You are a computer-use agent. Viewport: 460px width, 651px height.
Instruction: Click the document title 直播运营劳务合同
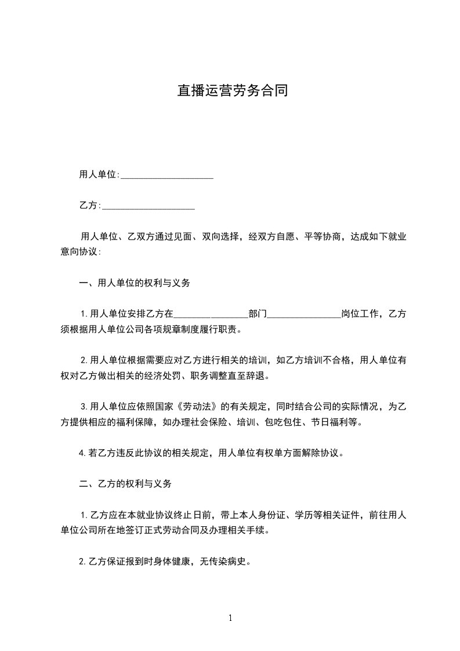click(233, 91)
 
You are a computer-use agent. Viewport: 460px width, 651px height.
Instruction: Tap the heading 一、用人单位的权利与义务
click(134, 284)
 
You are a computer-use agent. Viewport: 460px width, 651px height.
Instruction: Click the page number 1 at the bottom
click(230, 618)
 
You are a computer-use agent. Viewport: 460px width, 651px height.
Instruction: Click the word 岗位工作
click(360, 314)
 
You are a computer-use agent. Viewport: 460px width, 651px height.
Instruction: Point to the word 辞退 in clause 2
click(258, 376)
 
